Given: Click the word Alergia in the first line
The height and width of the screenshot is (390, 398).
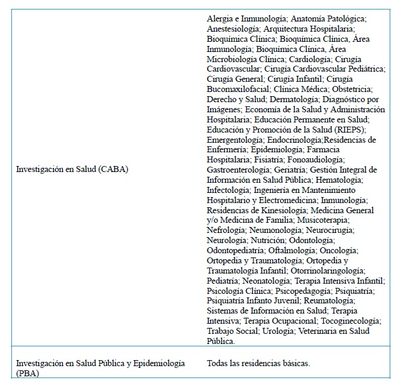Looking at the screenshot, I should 219,19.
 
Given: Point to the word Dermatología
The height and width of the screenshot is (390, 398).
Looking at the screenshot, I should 292,99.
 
